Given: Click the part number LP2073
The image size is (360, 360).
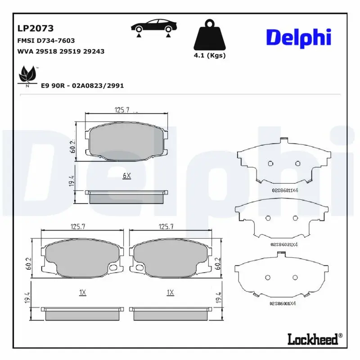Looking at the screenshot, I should (x=36, y=28).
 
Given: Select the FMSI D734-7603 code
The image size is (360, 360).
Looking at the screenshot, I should (x=46, y=40).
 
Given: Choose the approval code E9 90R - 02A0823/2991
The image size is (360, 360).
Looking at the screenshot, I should (x=82, y=85).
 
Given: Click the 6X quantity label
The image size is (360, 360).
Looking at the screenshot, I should (x=126, y=175).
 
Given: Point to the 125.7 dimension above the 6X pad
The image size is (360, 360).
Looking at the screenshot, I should (x=119, y=109).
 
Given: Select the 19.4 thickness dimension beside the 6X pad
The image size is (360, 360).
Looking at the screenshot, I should (x=71, y=181).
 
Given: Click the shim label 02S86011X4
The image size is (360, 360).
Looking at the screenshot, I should (x=284, y=191).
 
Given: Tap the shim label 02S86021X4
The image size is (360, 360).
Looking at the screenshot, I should (x=284, y=244).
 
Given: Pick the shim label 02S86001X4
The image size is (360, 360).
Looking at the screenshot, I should (x=282, y=304).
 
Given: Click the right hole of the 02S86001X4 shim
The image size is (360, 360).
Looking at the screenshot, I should (x=295, y=277).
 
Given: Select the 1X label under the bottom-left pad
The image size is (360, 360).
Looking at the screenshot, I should (x=82, y=292).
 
